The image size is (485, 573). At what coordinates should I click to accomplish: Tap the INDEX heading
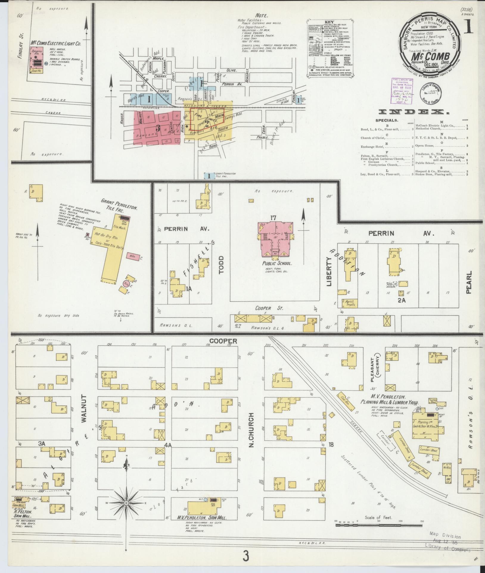click(x=414, y=112)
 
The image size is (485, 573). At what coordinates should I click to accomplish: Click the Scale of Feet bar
click(x=378, y=525)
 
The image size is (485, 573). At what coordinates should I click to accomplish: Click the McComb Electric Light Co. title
click(x=55, y=43)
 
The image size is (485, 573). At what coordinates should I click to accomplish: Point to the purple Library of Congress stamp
click(x=402, y=92)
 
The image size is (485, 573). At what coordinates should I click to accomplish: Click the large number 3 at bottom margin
click(x=245, y=556)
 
